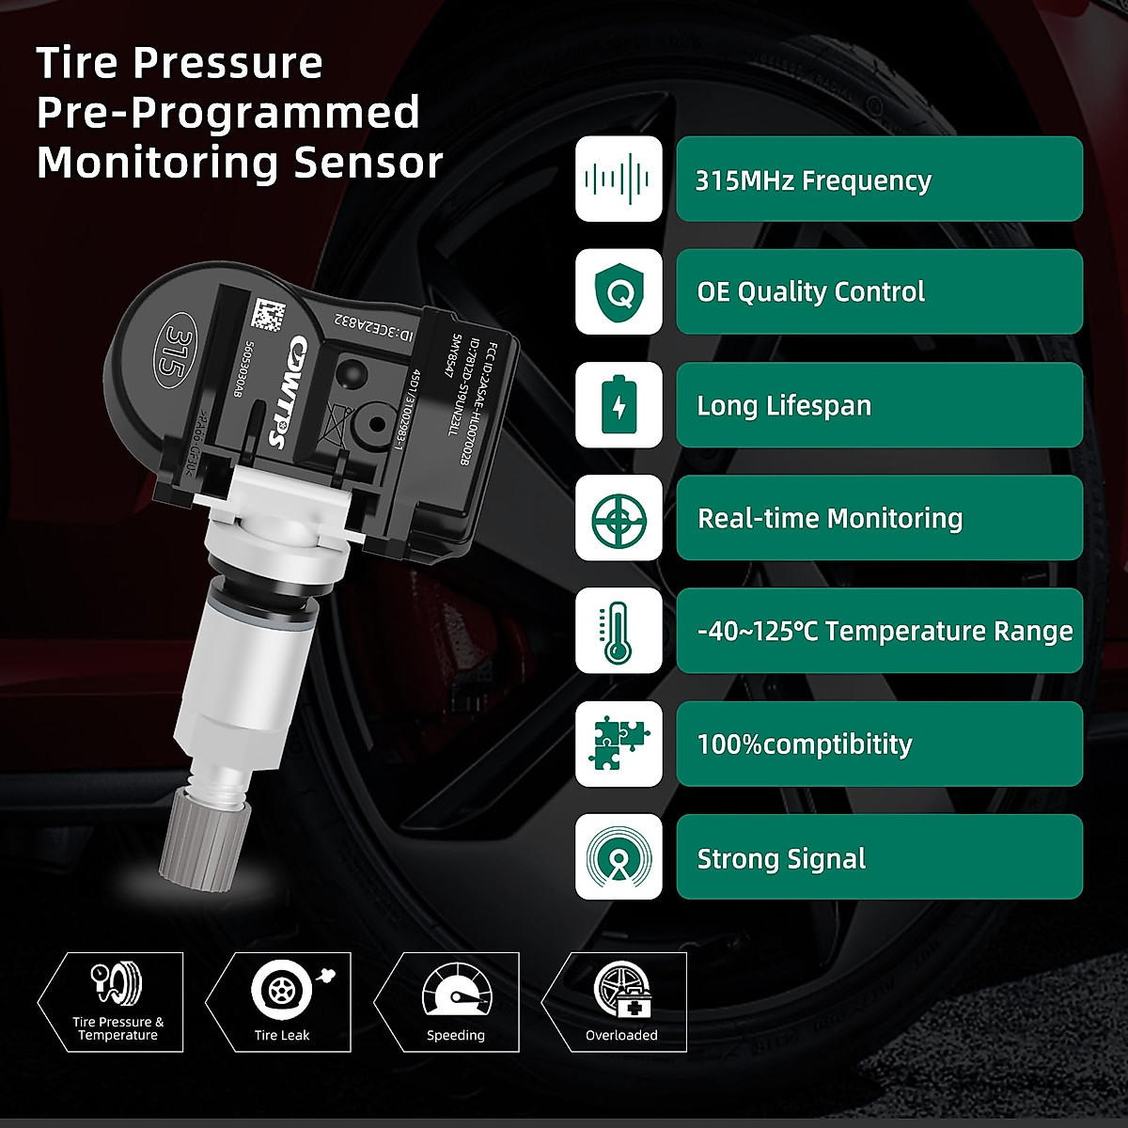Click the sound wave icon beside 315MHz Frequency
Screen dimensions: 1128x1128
pyautogui.click(x=618, y=179)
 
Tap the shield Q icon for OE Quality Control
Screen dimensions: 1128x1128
pyautogui.click(x=618, y=291)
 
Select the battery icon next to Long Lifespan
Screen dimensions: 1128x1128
pyautogui.click(x=618, y=404)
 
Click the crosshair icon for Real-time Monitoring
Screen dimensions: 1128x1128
pyautogui.click(x=618, y=518)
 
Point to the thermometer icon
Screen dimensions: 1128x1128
pyautogui.click(x=618, y=631)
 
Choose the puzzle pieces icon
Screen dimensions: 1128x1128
pyautogui.click(x=618, y=744)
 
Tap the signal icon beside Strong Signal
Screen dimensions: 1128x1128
pyautogui.click(x=618, y=856)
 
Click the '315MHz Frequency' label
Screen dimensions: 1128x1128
pyautogui.click(x=813, y=180)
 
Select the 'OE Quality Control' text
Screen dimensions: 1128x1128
pyautogui.click(x=810, y=292)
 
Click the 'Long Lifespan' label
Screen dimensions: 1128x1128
pyautogui.click(x=784, y=405)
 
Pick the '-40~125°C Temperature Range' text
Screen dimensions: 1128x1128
pyautogui.click(x=885, y=631)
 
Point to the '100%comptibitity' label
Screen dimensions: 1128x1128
pyautogui.click(x=805, y=744)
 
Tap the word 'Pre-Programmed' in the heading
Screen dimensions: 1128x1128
pyautogui.click(x=227, y=113)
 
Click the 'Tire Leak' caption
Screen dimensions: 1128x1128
pyautogui.click(x=282, y=1035)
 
